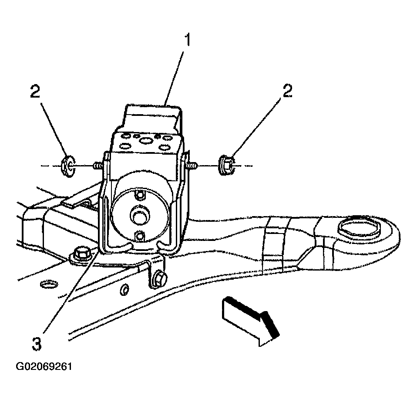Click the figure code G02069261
[44, 366]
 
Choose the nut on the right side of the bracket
[226, 166]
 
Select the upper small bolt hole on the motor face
[139, 195]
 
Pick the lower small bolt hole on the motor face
[139, 235]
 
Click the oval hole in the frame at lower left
[48, 284]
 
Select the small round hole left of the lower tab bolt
[124, 290]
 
